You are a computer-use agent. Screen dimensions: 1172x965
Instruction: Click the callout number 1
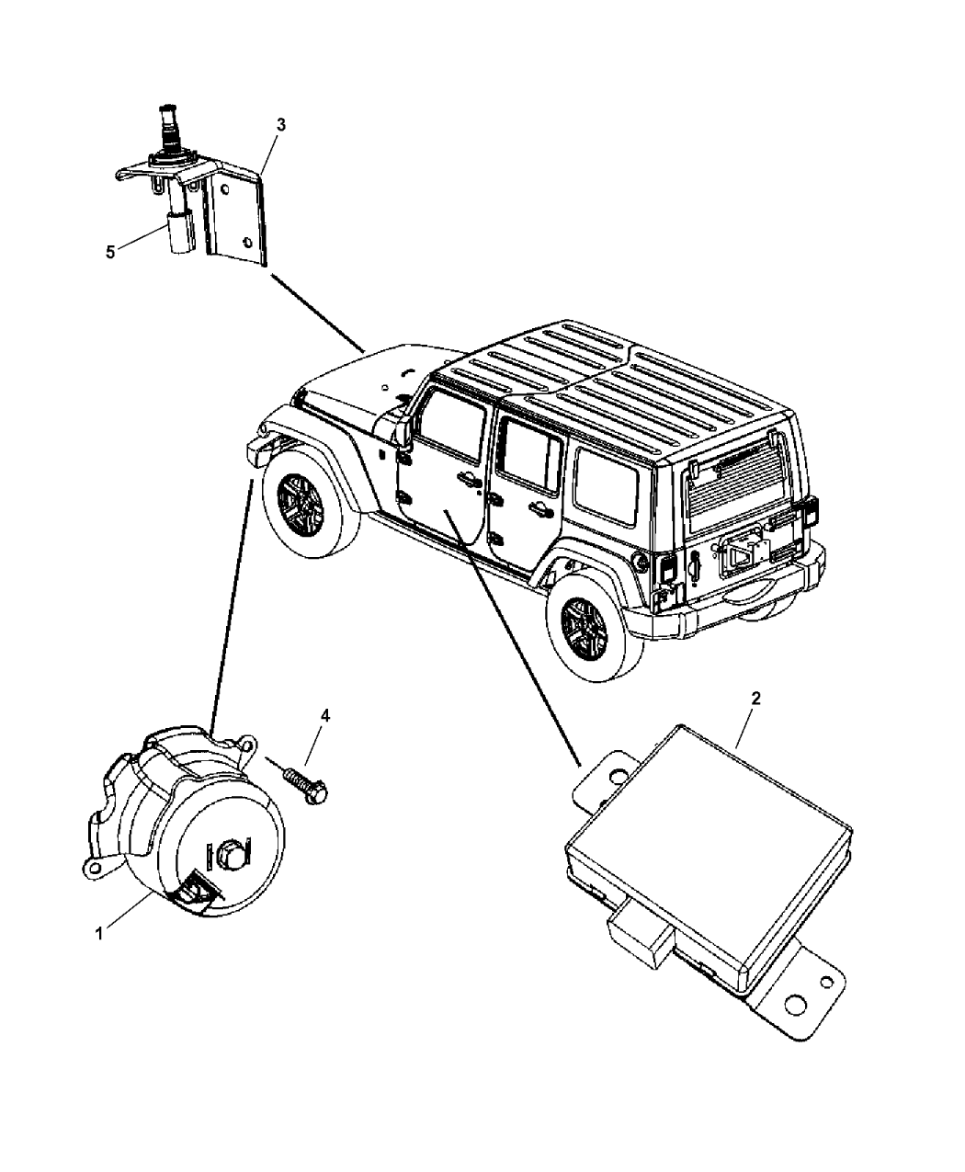tap(98, 933)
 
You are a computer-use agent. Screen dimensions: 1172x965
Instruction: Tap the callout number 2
tap(755, 699)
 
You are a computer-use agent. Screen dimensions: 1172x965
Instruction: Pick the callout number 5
tap(110, 252)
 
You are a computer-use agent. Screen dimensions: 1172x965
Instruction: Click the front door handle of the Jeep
tap(464, 478)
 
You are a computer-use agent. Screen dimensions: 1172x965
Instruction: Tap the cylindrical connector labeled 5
tap(178, 230)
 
